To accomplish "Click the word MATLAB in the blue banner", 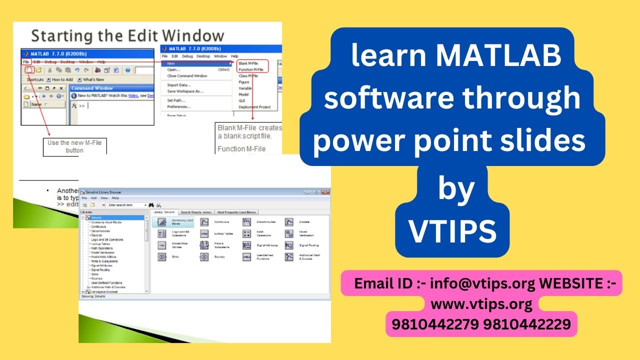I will pyautogui.click(x=498, y=56).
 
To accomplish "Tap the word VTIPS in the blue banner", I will pyautogui.click(x=453, y=231).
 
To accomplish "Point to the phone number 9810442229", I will pyautogui.click(x=527, y=324).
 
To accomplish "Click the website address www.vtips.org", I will pyautogui.click(x=481, y=304).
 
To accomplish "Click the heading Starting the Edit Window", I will pyautogui.click(x=127, y=36).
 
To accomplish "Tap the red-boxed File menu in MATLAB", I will pyautogui.click(x=25, y=61).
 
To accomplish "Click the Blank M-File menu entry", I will pyautogui.click(x=248, y=63).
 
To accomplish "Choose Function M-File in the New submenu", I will pyautogui.click(x=251, y=69).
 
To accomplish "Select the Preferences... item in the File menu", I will pyautogui.click(x=179, y=106).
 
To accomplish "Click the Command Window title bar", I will pyautogui.click(x=92, y=88).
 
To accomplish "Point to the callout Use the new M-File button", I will pyautogui.click(x=74, y=146).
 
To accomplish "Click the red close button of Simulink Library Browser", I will pyautogui.click(x=325, y=191).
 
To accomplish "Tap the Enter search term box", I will pyautogui.click(x=127, y=205).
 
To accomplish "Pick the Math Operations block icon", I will pyautogui.click(x=246, y=233).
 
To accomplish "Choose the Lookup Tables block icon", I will pyautogui.click(x=204, y=233).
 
